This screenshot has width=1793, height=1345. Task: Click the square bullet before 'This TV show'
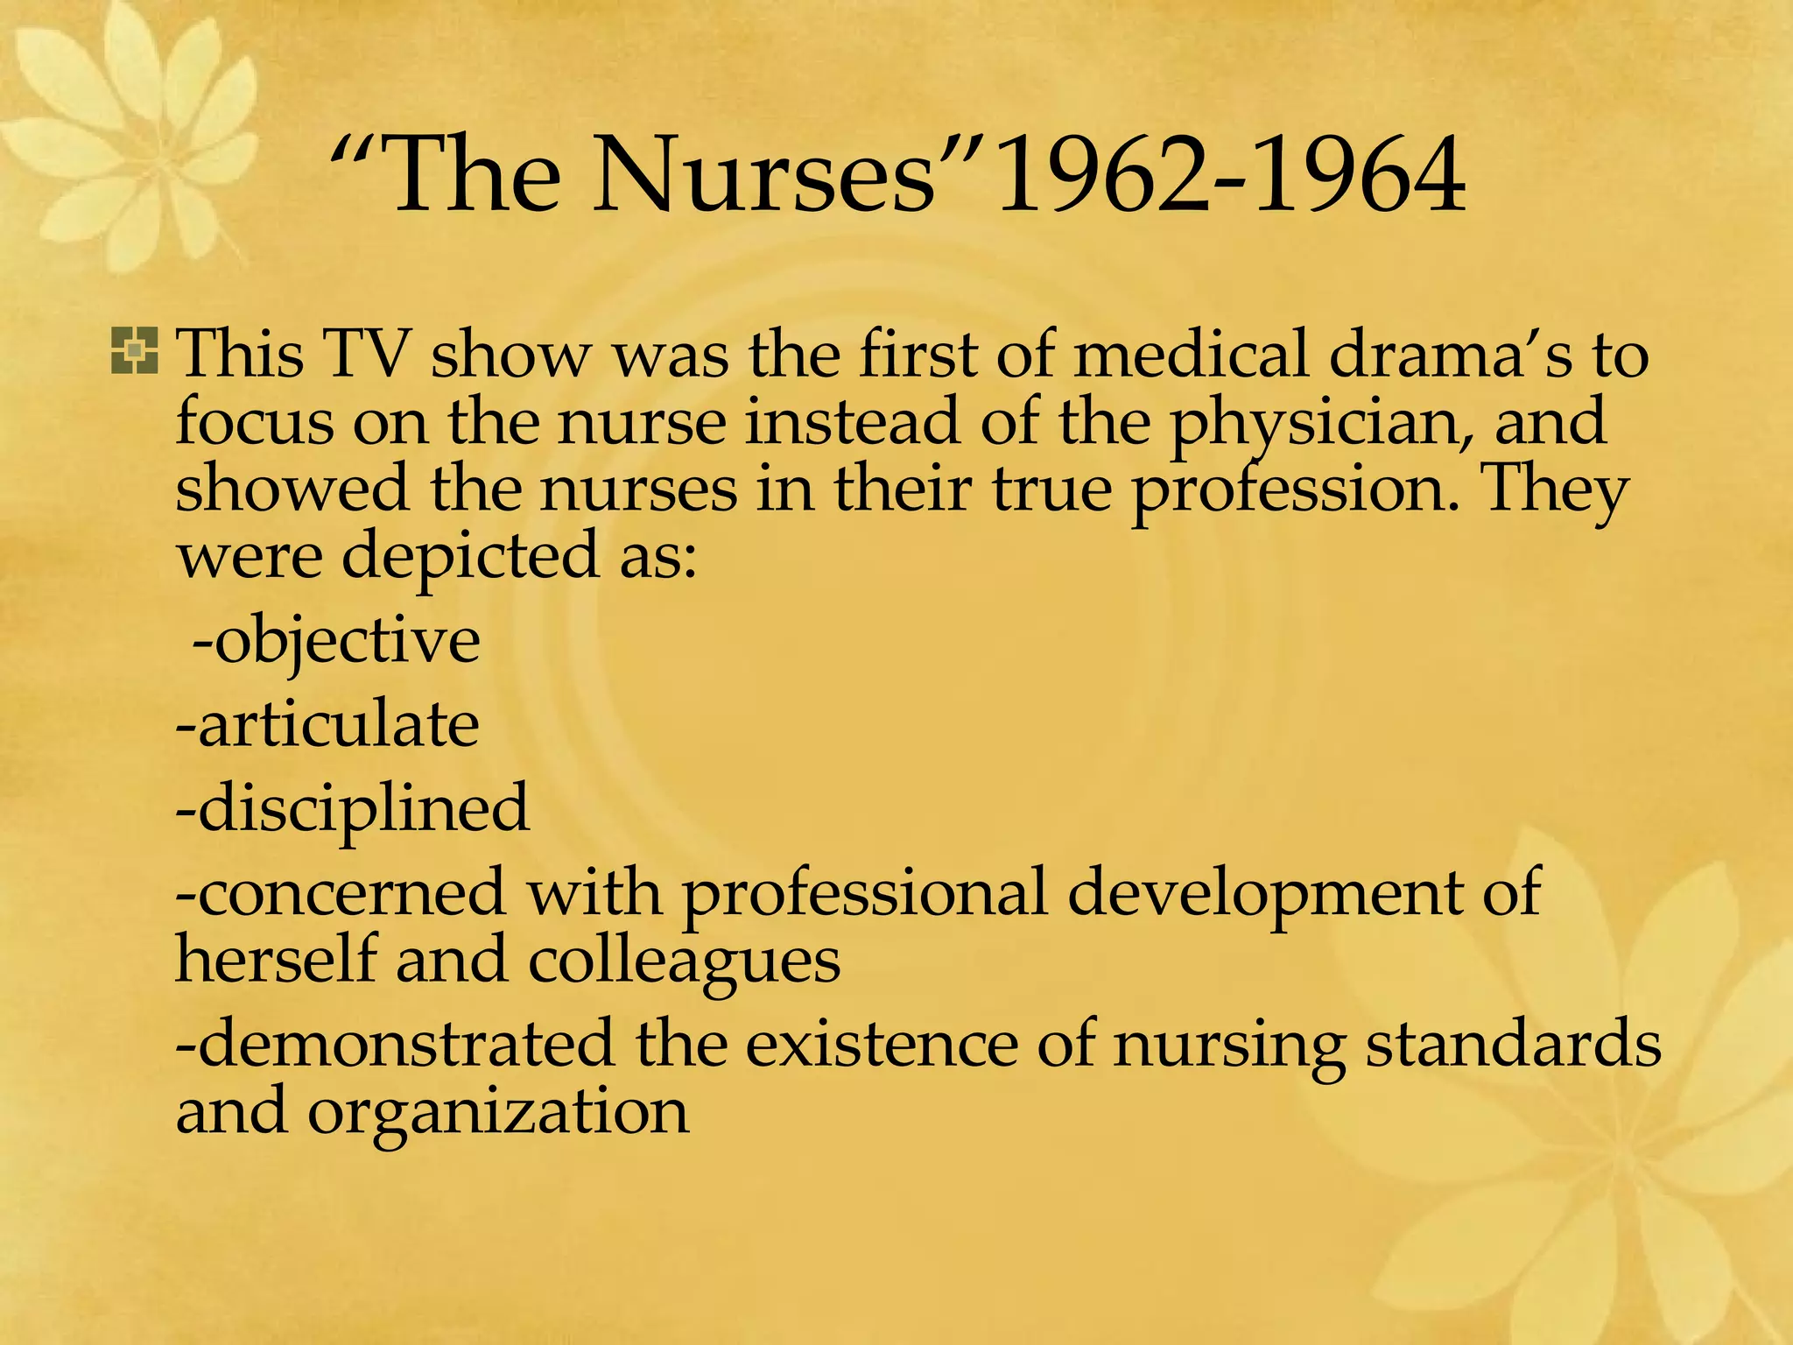pyautogui.click(x=135, y=351)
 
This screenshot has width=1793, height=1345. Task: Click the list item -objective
pyautogui.click(x=336, y=642)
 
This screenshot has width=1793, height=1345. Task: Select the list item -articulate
pyautogui.click(x=327, y=725)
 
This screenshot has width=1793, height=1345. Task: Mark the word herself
pyautogui.click(x=277, y=960)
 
